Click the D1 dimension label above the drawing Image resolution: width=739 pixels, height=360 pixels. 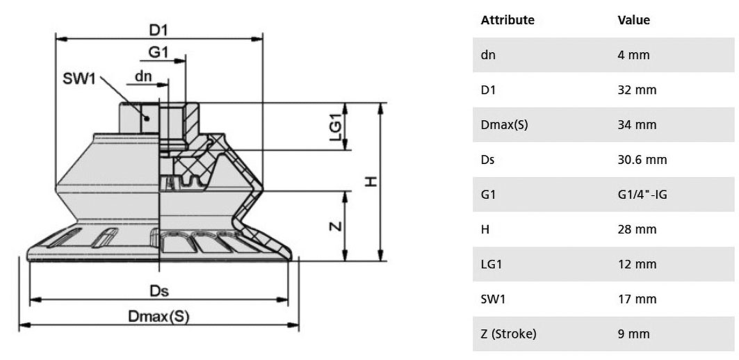point(159,30)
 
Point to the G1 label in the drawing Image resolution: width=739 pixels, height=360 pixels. point(159,52)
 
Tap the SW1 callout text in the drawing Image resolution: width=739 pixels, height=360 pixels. point(79,79)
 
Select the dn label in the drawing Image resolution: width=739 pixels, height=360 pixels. point(144,76)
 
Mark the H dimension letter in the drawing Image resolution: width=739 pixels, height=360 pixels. point(371,181)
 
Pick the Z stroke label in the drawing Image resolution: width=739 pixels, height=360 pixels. point(334,226)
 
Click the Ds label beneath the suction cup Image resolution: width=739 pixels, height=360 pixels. point(159,291)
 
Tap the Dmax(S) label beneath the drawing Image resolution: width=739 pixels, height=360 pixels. point(159,317)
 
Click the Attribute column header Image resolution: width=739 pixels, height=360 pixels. point(507,19)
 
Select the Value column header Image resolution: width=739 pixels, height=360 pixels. point(633,19)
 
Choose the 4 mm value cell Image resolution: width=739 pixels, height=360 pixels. point(633,55)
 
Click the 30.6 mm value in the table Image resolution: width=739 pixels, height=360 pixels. point(642,159)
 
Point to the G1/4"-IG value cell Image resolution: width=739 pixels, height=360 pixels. point(642,194)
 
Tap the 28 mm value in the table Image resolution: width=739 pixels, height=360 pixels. point(637,229)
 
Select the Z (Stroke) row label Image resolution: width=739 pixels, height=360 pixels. point(508,334)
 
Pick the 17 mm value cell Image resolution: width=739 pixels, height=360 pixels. point(637,299)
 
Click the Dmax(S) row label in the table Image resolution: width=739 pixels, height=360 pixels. point(504,125)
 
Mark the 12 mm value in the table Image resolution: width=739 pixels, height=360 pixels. point(637,264)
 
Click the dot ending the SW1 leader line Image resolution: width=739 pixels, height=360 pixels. point(147,118)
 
